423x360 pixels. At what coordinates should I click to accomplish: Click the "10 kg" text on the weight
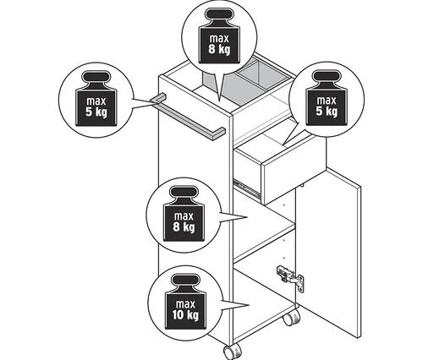(x=185, y=315)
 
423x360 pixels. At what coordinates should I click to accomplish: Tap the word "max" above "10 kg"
(x=185, y=304)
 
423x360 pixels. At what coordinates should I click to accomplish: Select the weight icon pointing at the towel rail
(x=96, y=98)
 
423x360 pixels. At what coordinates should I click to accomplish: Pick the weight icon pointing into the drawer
(x=327, y=98)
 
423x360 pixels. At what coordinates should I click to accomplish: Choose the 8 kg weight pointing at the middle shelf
(x=184, y=213)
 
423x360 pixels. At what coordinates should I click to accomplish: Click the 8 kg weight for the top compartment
(x=219, y=35)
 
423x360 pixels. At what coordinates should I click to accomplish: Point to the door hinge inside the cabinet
(x=290, y=279)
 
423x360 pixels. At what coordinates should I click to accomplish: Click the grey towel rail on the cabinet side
(x=188, y=117)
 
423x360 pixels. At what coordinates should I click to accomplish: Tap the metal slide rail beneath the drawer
(x=247, y=188)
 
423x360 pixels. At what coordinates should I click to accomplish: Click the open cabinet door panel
(x=328, y=252)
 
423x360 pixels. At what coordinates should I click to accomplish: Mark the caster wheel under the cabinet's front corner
(x=233, y=352)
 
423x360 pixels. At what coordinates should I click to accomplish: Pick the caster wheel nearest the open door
(x=292, y=317)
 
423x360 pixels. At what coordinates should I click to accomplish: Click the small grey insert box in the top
(x=262, y=74)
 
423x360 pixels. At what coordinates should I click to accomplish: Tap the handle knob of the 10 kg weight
(x=186, y=281)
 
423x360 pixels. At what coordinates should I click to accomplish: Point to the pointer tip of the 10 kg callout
(x=250, y=305)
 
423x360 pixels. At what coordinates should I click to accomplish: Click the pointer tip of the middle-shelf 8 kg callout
(x=247, y=217)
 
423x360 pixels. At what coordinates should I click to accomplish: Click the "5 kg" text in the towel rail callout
(x=96, y=112)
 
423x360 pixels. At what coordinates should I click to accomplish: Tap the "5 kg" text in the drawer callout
(x=327, y=111)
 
